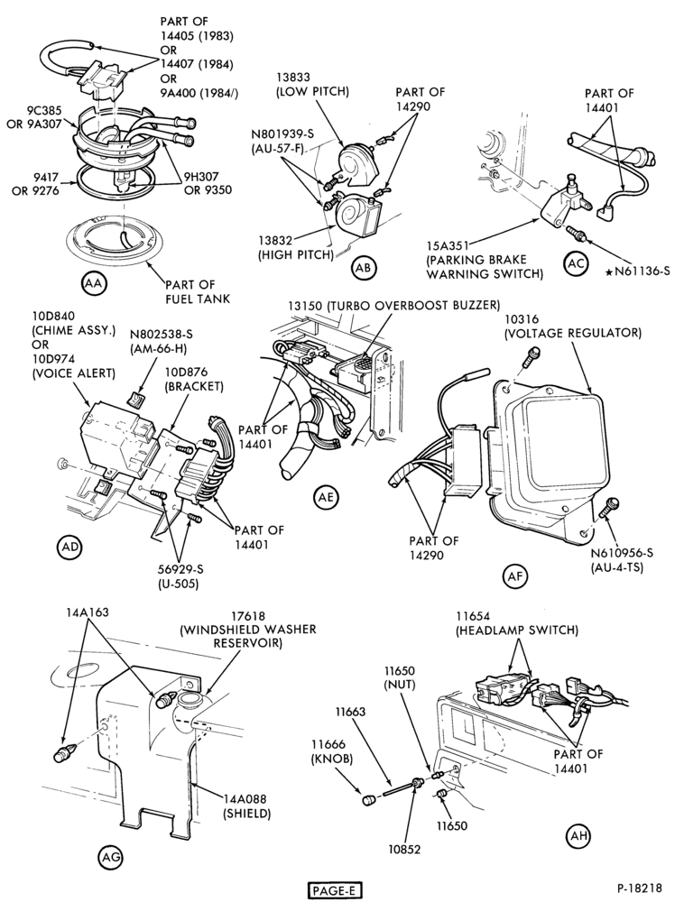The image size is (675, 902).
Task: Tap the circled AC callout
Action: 576,262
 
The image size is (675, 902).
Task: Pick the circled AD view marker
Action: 69,548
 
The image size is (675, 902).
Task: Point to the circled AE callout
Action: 327,497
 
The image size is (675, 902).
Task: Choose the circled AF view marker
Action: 515,575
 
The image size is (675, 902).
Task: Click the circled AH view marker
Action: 578,834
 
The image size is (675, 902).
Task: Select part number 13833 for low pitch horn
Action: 293,77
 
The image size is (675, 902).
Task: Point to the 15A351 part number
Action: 452,245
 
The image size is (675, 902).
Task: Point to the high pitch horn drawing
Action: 352,211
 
